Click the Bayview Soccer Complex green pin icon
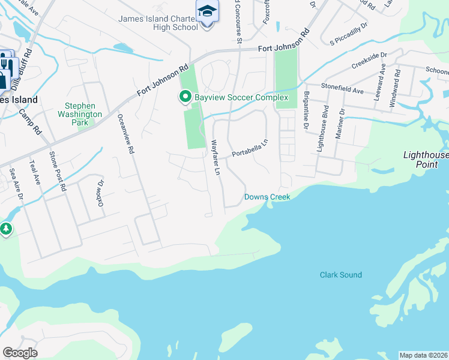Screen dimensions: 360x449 pos(185,97)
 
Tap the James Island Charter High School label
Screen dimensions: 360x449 pos(158,23)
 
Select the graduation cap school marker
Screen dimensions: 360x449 pos(207,11)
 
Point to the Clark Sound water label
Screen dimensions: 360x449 pos(340,275)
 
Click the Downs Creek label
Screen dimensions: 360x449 pos(267,197)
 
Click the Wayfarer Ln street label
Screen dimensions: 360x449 pos(215,157)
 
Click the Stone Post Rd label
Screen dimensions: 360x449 pos(57,171)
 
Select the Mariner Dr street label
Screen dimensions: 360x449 pos(340,123)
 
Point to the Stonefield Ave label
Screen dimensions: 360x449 pos(342,90)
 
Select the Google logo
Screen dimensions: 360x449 pos(20,353)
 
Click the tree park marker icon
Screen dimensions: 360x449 pos(6,229)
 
